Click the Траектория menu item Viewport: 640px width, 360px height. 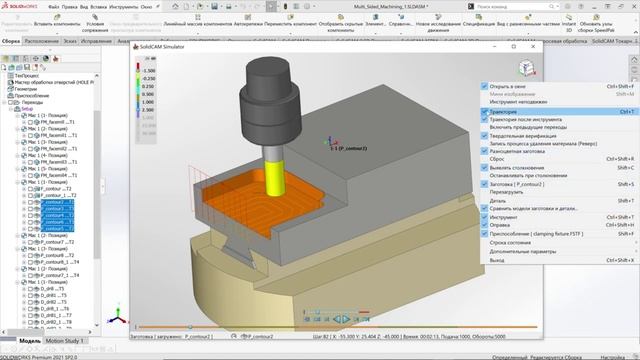(x=504, y=111)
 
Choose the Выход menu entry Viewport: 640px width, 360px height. (x=497, y=260)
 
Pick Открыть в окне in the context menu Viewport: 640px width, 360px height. (x=509, y=85)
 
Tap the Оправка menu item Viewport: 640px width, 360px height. (x=502, y=225)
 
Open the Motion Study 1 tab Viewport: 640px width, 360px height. (x=67, y=341)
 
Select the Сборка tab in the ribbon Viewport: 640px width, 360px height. (x=11, y=42)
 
